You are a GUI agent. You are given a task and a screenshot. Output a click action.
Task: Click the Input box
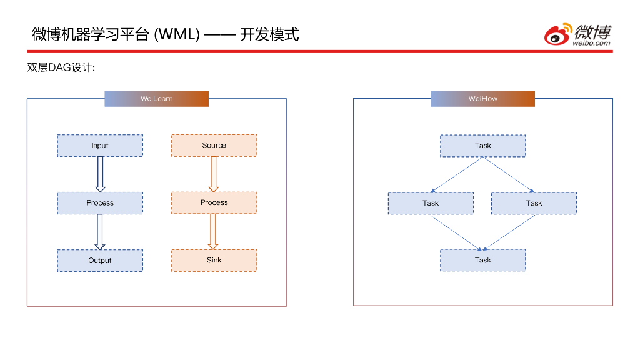coord(100,146)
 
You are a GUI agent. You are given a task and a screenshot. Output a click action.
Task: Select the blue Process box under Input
coord(100,203)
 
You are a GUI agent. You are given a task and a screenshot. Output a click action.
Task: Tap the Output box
coord(100,261)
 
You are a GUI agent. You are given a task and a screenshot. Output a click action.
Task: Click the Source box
coord(214,145)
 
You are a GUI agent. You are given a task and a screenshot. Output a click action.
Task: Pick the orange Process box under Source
coord(214,202)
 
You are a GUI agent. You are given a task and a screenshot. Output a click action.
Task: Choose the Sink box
coord(214,260)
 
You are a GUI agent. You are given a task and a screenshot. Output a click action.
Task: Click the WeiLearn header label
coord(156,99)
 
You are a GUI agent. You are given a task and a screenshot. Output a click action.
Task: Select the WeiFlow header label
coord(482,99)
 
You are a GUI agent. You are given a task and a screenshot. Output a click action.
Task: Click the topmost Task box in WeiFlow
coord(482,146)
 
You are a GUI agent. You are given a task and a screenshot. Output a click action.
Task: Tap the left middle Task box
coord(431,203)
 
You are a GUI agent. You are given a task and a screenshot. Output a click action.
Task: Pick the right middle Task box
coord(534,203)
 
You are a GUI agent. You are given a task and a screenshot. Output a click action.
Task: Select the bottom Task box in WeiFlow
coord(482,260)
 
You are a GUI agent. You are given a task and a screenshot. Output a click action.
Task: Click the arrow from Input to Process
coord(100,174)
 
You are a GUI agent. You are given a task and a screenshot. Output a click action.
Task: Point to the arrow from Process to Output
coord(100,232)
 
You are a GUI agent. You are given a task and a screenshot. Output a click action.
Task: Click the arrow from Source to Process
coord(214,174)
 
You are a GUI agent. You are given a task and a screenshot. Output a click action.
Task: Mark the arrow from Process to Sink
coord(214,231)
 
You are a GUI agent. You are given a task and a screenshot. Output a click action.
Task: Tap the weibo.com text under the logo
coord(591,43)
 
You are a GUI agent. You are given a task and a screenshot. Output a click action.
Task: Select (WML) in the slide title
coord(177,34)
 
